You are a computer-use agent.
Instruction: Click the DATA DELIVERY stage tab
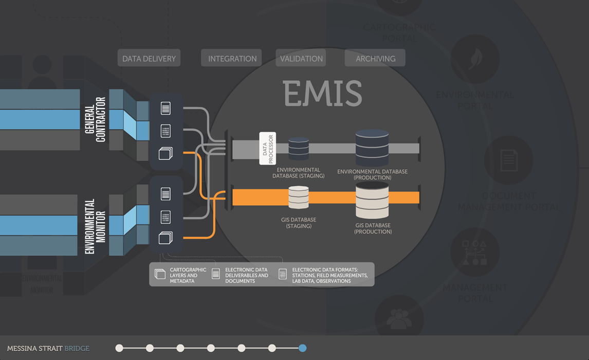(149, 58)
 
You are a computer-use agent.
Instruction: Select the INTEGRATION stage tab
(232, 58)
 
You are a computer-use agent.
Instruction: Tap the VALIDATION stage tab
(301, 58)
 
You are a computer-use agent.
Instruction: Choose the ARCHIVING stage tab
(375, 58)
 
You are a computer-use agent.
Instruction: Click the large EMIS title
(323, 93)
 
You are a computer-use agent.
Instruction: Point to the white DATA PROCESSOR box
(267, 148)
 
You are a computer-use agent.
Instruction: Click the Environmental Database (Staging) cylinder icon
(299, 148)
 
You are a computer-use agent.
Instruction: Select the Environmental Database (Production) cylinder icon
(372, 148)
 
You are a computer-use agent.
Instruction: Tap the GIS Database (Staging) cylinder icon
(299, 197)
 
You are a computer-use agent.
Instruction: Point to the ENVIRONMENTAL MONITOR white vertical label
(95, 226)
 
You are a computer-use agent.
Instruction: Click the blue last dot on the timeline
(302, 348)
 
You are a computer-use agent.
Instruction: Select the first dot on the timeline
(119, 348)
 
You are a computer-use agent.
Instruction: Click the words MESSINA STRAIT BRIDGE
(48, 349)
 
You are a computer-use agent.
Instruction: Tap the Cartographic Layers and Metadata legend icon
(160, 274)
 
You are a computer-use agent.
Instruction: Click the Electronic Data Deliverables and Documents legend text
(247, 275)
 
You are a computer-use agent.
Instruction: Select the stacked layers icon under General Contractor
(165, 153)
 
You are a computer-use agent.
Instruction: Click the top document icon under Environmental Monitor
(165, 194)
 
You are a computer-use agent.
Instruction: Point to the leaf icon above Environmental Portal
(475, 59)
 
